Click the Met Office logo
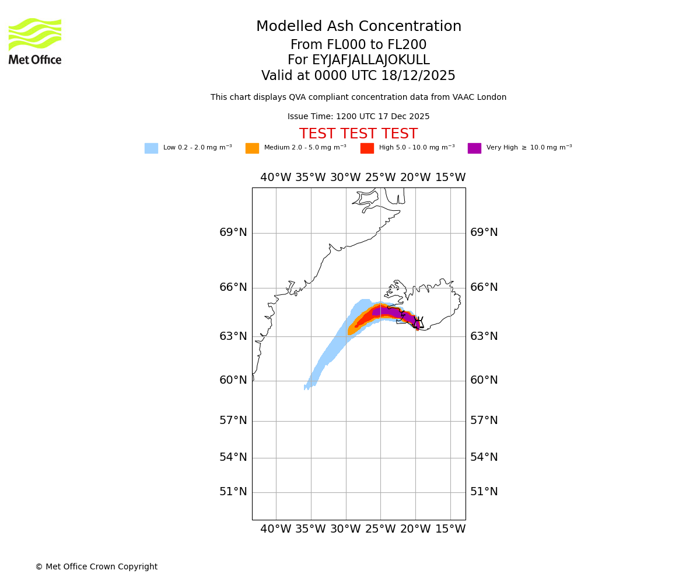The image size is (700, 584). (x=35, y=41)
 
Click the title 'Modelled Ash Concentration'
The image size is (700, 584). (x=358, y=27)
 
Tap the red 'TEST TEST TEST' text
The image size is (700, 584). (x=358, y=134)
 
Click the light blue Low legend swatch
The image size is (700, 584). (x=151, y=148)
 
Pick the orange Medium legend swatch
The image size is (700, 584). (x=252, y=148)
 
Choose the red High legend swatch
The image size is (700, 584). (x=367, y=148)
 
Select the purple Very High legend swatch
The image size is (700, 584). (x=474, y=148)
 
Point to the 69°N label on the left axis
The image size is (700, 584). (x=233, y=232)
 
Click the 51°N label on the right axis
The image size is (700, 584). (x=484, y=492)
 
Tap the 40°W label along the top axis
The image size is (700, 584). (x=275, y=178)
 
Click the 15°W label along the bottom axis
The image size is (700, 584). (x=450, y=529)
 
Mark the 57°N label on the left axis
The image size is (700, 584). (x=233, y=420)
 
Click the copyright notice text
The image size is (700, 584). (x=96, y=566)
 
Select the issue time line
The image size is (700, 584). (x=358, y=117)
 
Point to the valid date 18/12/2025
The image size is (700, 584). (x=418, y=76)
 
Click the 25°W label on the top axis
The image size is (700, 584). (x=380, y=178)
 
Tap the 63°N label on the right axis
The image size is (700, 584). (x=484, y=336)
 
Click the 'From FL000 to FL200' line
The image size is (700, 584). (x=358, y=45)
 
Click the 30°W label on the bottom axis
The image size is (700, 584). (x=345, y=529)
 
